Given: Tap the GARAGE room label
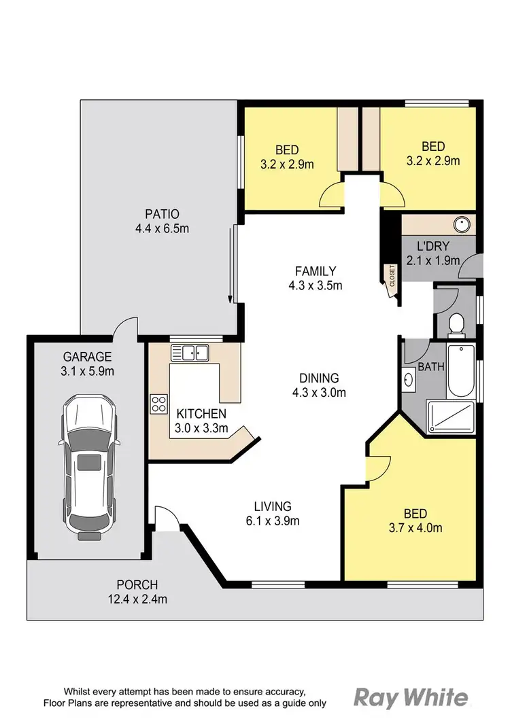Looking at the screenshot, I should pyautogui.click(x=88, y=357).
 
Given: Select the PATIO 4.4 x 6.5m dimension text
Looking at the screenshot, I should pyautogui.click(x=162, y=229).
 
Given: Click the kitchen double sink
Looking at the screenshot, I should pyautogui.click(x=190, y=352).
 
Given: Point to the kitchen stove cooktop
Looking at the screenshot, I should pyautogui.click(x=159, y=404).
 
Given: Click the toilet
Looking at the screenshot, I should pyautogui.click(x=457, y=324).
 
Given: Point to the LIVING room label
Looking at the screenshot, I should pyautogui.click(x=273, y=506).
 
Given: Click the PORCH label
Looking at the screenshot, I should pyautogui.click(x=137, y=584).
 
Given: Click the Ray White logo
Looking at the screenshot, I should pyautogui.click(x=411, y=698).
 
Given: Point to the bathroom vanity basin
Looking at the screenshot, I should pyautogui.click(x=409, y=379).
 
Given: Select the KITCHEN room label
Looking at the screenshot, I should pyautogui.click(x=201, y=413).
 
